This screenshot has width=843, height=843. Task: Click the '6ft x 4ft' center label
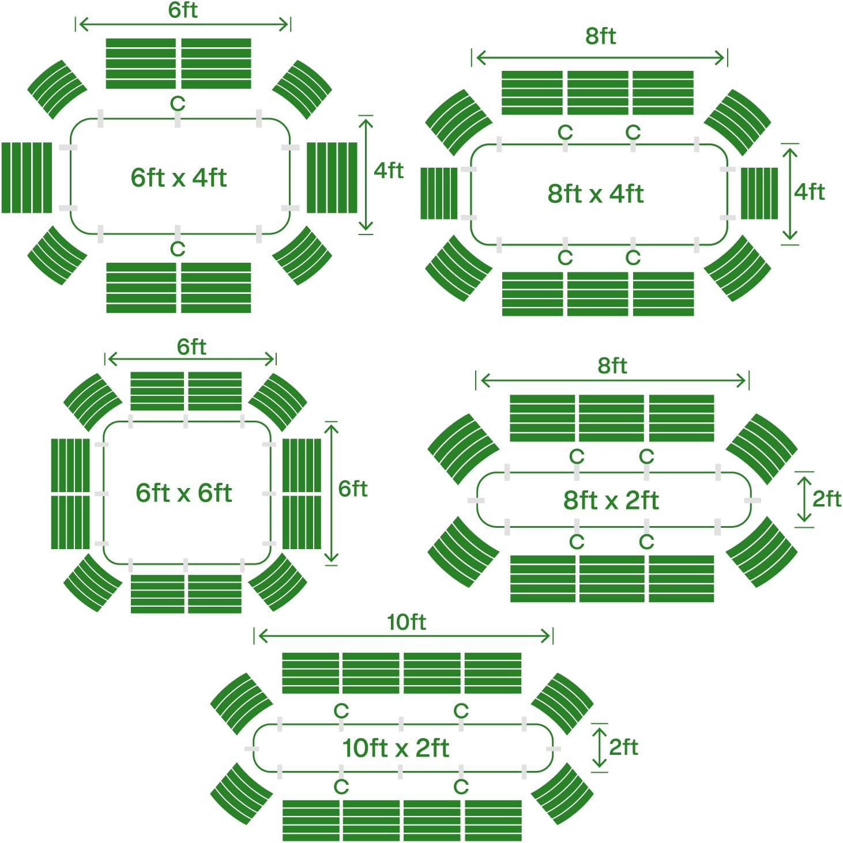(x=179, y=177)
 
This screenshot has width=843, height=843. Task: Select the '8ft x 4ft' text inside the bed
(x=596, y=194)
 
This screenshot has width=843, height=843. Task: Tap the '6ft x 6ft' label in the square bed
(x=183, y=493)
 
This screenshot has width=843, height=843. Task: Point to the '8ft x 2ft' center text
(x=611, y=500)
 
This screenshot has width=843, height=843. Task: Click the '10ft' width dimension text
(x=407, y=622)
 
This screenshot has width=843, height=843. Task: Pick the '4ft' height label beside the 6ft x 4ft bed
(x=389, y=170)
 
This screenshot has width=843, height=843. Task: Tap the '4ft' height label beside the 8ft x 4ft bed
(x=810, y=192)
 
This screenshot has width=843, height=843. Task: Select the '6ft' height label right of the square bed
(x=353, y=489)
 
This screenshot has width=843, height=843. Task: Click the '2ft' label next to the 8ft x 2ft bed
(x=827, y=499)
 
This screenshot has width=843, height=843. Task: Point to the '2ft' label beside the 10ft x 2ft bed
(x=623, y=747)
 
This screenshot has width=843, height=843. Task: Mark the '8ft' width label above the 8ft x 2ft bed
(x=612, y=366)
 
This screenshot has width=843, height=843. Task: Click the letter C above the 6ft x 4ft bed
(x=178, y=104)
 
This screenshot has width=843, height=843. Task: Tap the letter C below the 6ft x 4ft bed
(x=178, y=249)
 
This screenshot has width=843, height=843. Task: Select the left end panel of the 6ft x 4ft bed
(x=27, y=177)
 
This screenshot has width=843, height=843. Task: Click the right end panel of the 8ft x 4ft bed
(x=759, y=194)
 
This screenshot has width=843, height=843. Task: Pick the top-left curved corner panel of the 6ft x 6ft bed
(x=93, y=402)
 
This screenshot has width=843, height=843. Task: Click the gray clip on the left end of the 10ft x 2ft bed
(x=251, y=749)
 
